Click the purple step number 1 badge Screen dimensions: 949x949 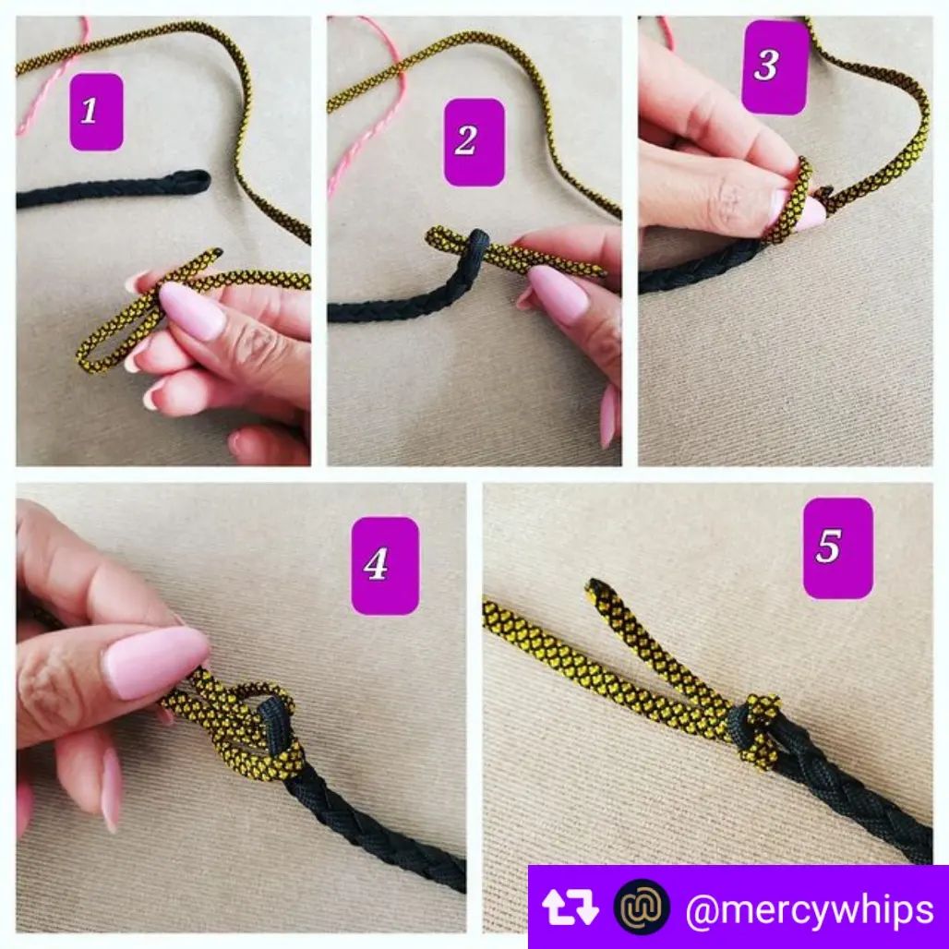tap(96, 112)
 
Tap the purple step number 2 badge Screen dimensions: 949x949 tap(474, 142)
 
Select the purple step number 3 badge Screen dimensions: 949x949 tap(775, 66)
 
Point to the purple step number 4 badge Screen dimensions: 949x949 tap(385, 566)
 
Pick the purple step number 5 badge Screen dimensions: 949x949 tap(837, 547)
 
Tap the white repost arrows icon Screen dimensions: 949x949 tap(571, 907)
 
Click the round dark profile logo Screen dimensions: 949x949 tap(642, 907)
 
